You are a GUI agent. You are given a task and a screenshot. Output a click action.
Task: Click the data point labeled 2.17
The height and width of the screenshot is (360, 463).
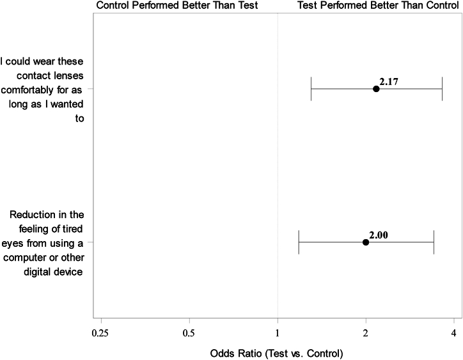pos(376,89)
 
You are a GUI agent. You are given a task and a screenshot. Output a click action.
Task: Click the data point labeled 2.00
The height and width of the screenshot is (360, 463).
pos(366,242)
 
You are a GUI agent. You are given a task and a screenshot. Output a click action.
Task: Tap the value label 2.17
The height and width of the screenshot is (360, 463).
pos(389,81)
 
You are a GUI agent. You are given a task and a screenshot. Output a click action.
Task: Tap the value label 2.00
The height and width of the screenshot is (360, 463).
pos(379,235)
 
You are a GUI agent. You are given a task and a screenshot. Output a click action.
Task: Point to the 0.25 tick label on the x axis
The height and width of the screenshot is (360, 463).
pos(101,333)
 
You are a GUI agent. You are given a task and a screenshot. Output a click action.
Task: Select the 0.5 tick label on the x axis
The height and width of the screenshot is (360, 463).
pos(189,333)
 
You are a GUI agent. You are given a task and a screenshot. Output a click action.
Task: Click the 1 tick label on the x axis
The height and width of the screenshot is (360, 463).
pos(278,333)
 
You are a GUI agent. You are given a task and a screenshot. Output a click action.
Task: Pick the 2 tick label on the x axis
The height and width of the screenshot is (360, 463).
pos(366,333)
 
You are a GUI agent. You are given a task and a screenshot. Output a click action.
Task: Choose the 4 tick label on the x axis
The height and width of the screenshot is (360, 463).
pos(453,333)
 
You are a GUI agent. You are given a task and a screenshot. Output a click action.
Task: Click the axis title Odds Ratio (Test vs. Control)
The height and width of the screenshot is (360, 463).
pos(276,353)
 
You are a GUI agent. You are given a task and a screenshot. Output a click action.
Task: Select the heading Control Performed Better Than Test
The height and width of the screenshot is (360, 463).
pos(177,5)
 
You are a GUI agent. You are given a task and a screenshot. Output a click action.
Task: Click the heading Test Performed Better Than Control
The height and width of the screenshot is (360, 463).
pos(378,5)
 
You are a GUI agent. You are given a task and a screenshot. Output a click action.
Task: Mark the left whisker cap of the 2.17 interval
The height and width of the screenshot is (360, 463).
pos(311,89)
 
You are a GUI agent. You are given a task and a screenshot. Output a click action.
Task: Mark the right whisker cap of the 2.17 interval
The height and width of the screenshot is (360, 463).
pos(442,89)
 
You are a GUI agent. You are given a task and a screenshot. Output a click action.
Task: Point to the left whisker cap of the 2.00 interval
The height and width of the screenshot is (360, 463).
pos(299,242)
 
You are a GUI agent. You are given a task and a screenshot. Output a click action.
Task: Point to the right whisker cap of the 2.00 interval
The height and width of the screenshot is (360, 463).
pos(434,242)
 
